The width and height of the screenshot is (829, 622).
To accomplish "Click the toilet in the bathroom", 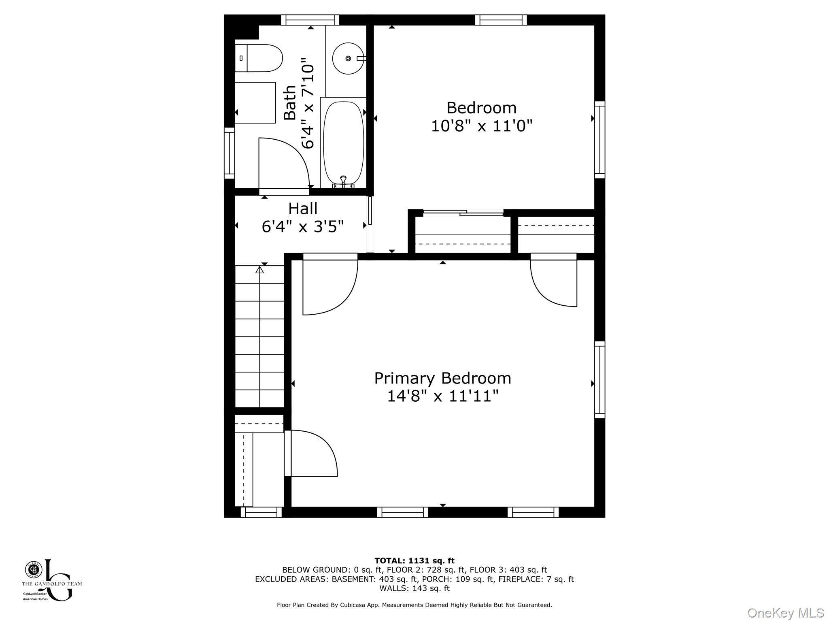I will (x=259, y=58).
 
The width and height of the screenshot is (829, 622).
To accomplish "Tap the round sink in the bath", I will (x=348, y=59).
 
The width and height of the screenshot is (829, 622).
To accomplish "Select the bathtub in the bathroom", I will (x=343, y=143).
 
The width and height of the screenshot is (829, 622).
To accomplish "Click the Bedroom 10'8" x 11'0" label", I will (x=481, y=117).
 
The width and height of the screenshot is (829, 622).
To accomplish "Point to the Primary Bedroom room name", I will (x=442, y=378).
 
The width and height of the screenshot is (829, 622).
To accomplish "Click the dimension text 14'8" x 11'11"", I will (x=442, y=396).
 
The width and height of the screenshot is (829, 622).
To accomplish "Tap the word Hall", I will (x=303, y=209).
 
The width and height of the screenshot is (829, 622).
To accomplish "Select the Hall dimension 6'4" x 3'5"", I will (x=303, y=227).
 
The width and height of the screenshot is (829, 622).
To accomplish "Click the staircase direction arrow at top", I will (x=260, y=270).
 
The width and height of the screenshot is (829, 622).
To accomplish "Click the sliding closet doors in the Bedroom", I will (x=463, y=212).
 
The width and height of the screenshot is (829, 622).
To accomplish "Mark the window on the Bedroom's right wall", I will (x=599, y=140).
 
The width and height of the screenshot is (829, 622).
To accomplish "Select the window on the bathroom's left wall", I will (x=230, y=153).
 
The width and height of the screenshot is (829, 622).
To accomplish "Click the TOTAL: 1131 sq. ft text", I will (x=414, y=561).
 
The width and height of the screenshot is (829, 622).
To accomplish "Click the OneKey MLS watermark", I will (x=785, y=613).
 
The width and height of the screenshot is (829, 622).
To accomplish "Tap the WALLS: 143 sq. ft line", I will (x=414, y=588).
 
